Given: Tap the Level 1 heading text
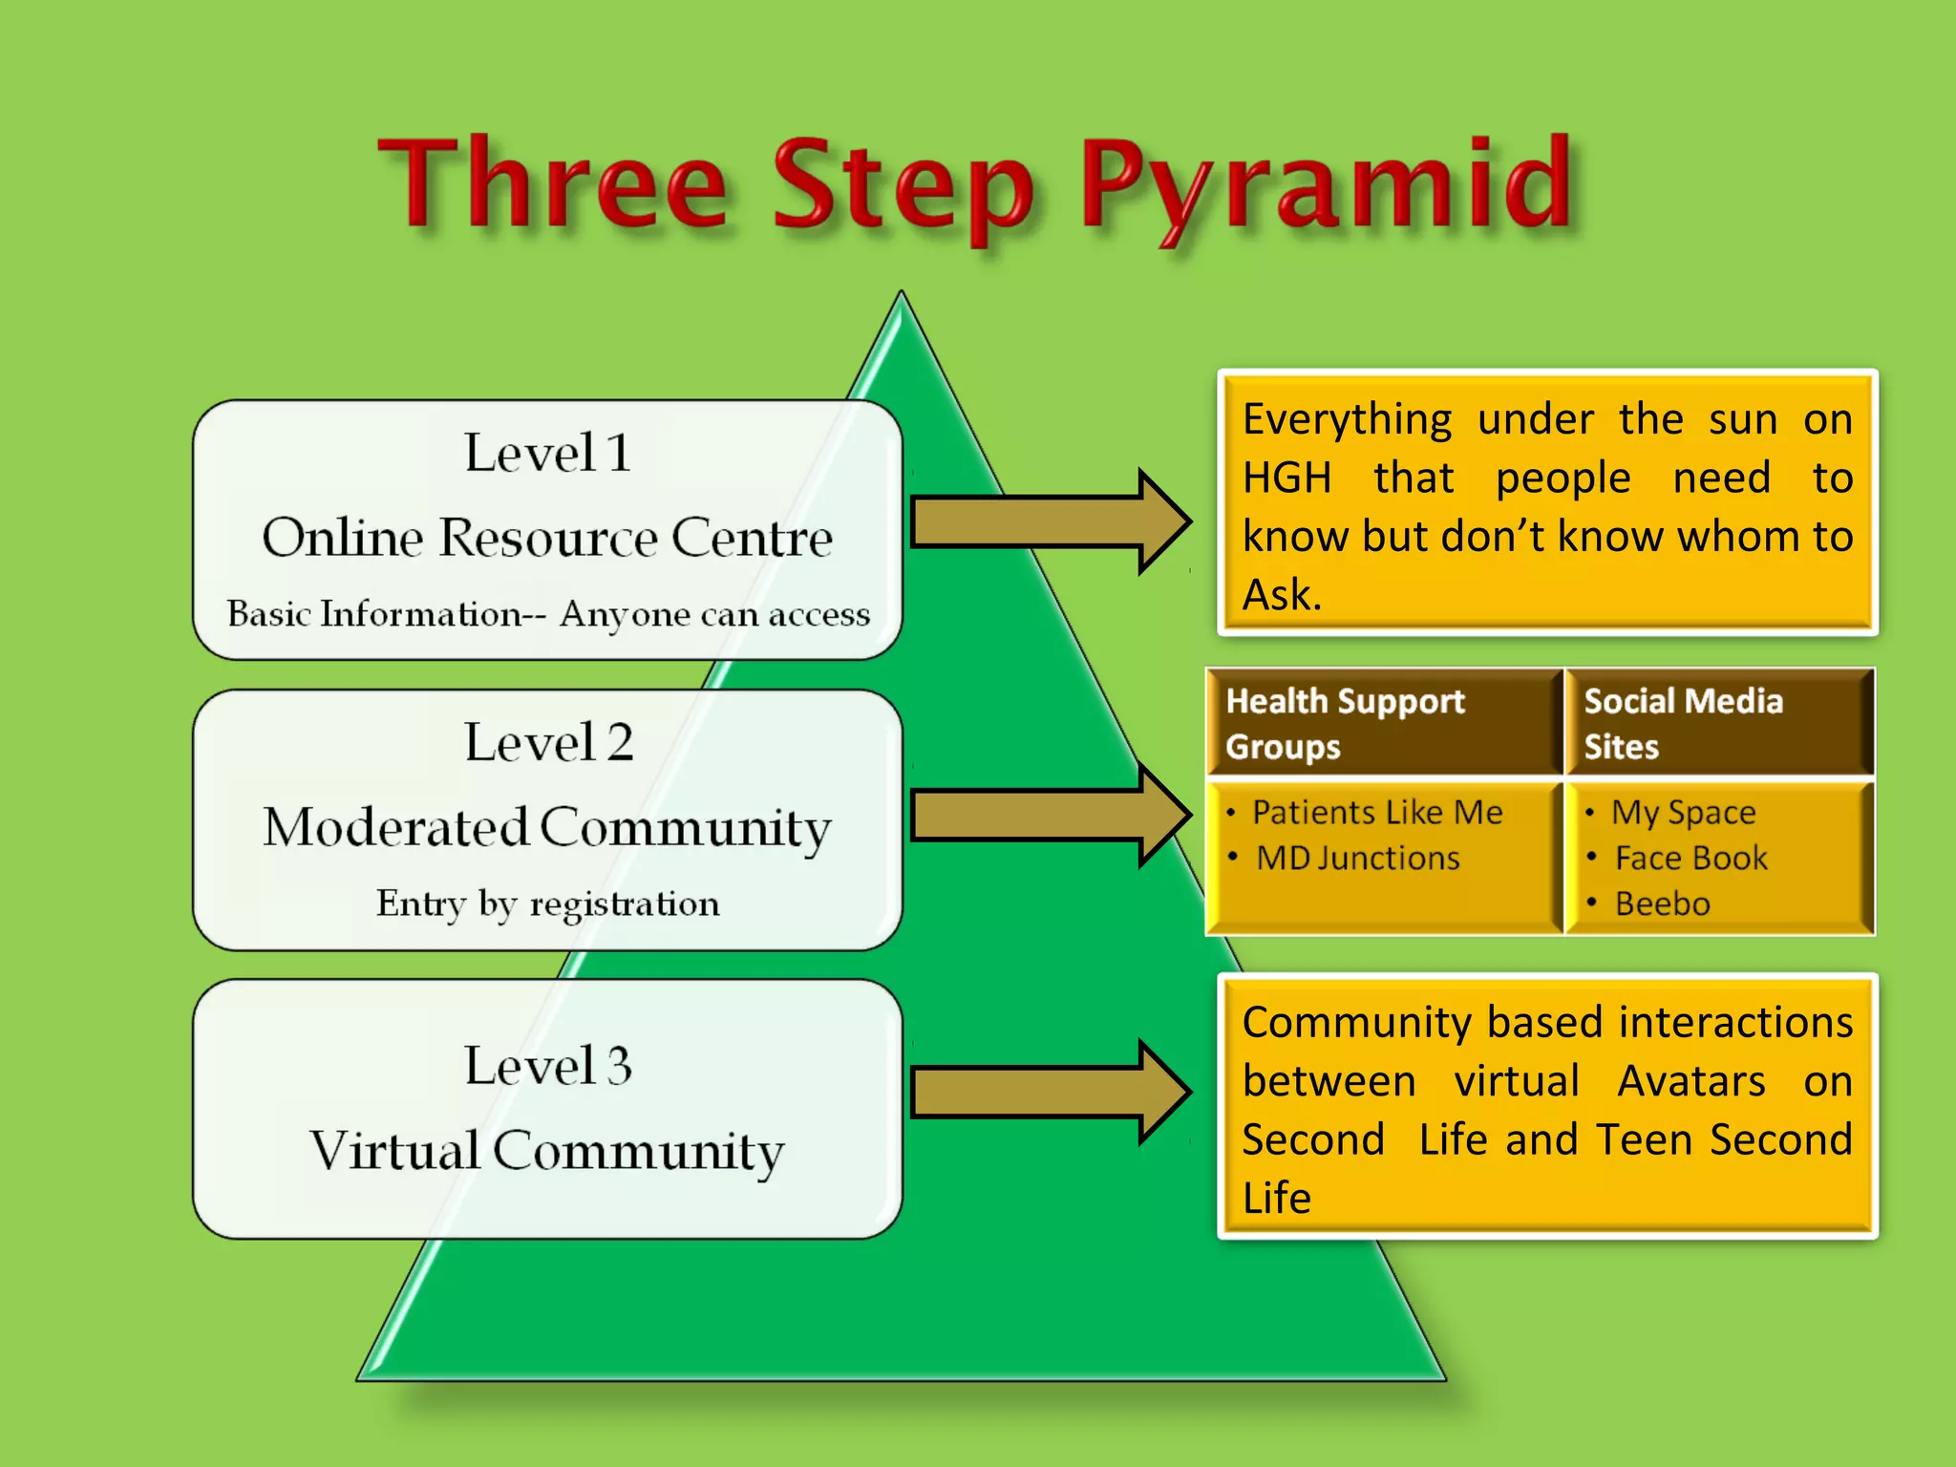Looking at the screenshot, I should pos(547,453).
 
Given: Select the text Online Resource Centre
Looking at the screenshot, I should pos(547,538).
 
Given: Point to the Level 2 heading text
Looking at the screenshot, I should pos(547,742).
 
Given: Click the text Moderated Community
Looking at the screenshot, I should pos(547,827).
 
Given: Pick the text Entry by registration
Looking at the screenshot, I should pos(547,904).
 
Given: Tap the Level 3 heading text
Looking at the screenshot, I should pos(547,1066).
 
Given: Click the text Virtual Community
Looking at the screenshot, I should pos(547,1151).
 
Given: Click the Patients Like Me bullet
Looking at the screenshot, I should pos(1376,813).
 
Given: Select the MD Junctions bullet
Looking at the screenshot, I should pos(1357,859).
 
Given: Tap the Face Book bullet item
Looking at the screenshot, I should pos(1690,859).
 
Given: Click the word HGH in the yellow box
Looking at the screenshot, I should pos(1286,478).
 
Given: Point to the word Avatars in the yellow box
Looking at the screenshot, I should pos(1690,1081).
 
